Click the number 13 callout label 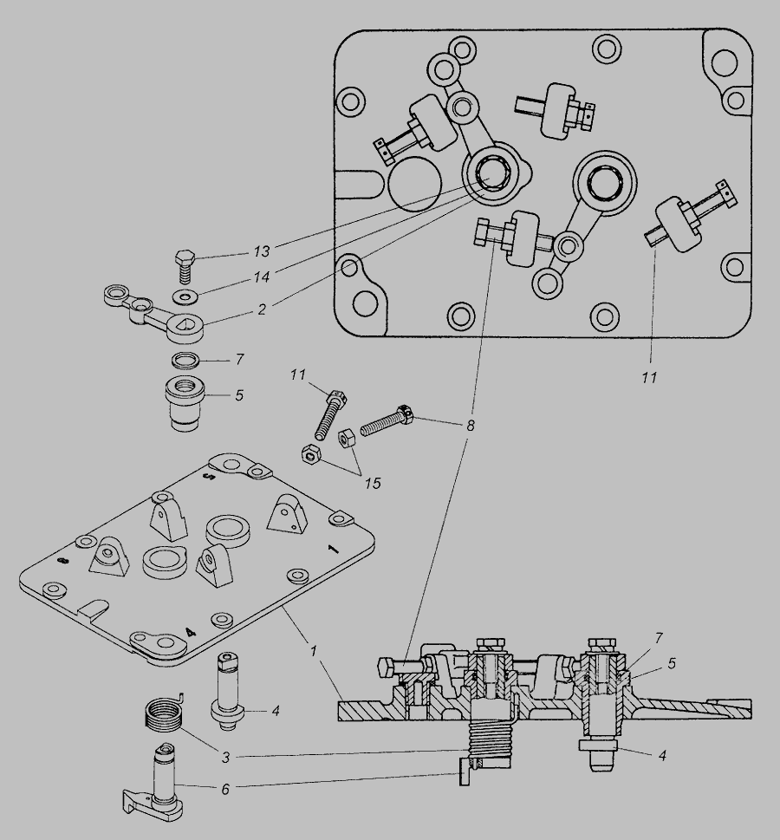pos(260,251)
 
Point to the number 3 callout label pos(224,758)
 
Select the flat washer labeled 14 pos(184,297)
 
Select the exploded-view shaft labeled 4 pos(227,693)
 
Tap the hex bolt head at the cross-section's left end pos(389,667)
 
